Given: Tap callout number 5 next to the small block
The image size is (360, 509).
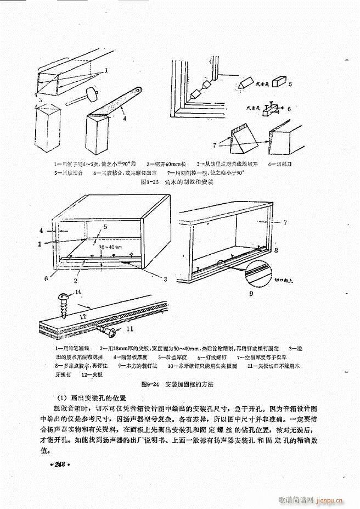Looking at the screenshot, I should (x=290, y=84).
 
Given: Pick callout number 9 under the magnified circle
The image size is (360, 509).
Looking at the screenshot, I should (x=251, y=294).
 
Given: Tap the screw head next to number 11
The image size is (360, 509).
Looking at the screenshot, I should (x=111, y=331).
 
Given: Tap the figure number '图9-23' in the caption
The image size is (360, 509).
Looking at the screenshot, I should (x=150, y=181).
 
